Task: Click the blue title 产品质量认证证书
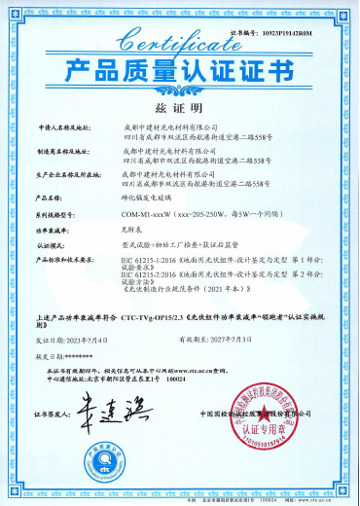click(180, 73)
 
